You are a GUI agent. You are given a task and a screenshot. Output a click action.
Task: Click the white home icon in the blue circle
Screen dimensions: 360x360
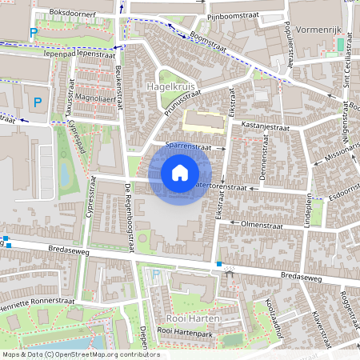point(180,173)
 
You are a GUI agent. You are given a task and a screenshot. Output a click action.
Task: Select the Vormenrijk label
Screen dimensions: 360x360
point(318,29)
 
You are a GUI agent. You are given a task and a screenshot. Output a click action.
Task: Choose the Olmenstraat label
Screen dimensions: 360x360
point(263,226)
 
